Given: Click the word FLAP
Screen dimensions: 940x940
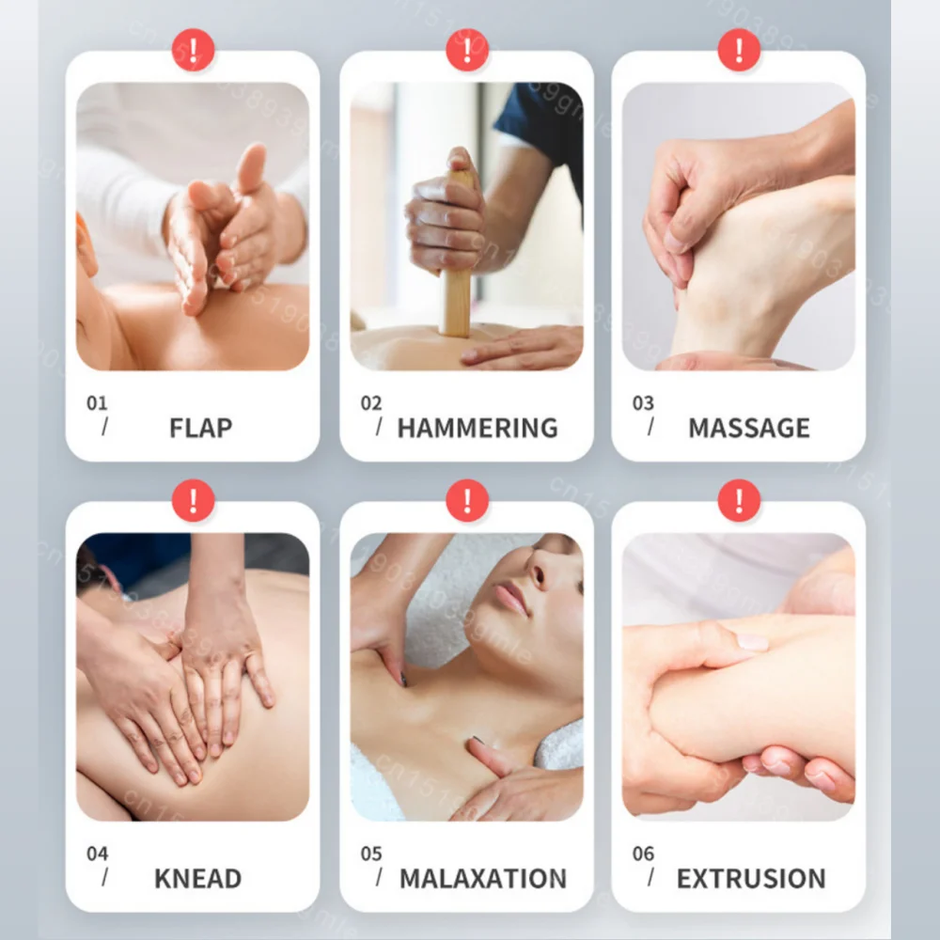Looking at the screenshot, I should pos(199,428).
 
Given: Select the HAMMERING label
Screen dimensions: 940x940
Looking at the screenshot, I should pos(477,428).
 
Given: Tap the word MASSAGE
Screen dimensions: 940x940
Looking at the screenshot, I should pos(748,428).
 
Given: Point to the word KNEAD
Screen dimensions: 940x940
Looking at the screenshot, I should pos(197,879).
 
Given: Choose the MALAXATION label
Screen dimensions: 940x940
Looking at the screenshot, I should pos(482,879).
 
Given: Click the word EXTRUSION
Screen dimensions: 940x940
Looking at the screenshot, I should pos(750,879).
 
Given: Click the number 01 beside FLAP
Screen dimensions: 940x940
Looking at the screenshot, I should pos(97,403).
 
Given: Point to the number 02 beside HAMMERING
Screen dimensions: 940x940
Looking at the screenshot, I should pos(371,403).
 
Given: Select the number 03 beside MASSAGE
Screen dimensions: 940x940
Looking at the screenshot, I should pos(643,403).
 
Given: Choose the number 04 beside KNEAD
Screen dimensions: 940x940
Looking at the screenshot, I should pos(97,854).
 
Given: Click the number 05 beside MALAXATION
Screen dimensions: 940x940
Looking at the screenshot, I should pos(371,854).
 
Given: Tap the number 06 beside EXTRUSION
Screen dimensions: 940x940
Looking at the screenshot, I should pos(643,854).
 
